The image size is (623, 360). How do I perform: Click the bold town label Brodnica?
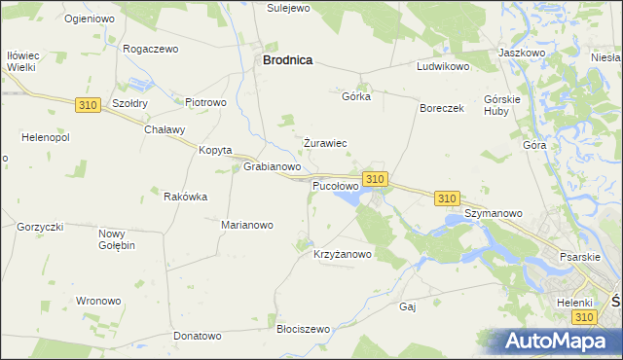287,60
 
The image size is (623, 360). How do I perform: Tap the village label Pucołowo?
335,185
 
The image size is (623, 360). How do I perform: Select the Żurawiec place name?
325,143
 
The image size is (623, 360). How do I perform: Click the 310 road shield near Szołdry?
87,104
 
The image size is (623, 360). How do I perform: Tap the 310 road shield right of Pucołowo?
376,179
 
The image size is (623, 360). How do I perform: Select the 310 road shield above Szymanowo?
447,198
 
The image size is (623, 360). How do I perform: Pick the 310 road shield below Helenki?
583,318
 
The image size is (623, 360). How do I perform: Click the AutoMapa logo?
562,342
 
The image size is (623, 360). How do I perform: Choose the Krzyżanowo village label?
343,255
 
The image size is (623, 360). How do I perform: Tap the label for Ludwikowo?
443,67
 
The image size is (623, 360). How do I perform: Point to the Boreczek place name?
442,108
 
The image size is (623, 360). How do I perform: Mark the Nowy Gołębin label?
117,239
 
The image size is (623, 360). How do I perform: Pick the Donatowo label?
198,337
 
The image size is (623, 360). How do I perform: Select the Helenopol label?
38,136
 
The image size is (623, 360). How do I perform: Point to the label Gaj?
408,306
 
